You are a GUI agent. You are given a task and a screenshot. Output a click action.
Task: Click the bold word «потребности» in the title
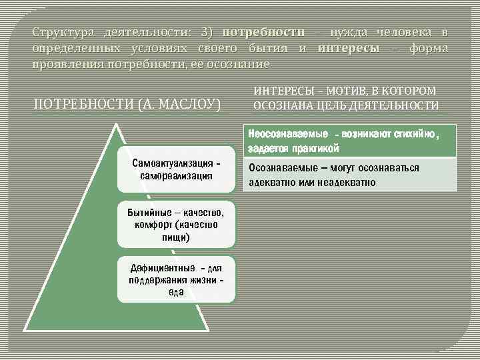[x=263, y=32]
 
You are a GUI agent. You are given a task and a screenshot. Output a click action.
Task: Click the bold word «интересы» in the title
[x=349, y=48]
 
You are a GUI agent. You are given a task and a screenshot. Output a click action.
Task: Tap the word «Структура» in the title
[x=54, y=32]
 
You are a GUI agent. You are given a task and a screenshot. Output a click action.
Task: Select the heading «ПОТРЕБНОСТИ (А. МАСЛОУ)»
[x=127, y=105]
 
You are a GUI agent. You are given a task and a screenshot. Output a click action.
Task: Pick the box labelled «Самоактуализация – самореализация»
[x=177, y=169]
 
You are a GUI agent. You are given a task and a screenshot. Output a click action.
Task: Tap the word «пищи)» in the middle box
[x=176, y=237]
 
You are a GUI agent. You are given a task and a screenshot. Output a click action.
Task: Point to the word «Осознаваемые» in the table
[x=277, y=168]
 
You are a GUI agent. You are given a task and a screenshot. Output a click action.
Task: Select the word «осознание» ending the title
[x=243, y=65]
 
